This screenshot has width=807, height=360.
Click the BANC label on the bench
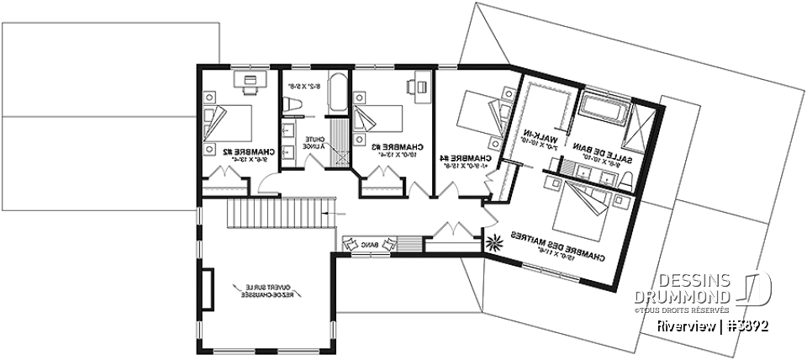pyautogui.click(x=369, y=244)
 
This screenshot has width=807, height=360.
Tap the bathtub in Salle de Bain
pyautogui.click(x=604, y=108)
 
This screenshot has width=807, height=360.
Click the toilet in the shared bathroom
pyautogui.click(x=293, y=103)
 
